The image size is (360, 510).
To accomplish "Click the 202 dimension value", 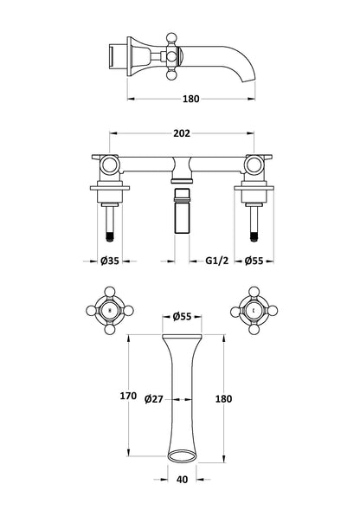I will (181, 133).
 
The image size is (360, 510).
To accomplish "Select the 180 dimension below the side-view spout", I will (190, 98).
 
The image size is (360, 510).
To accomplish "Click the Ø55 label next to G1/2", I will (254, 260).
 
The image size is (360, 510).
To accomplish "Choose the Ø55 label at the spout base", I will (183, 317).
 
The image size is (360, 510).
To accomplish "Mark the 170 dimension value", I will (128, 396).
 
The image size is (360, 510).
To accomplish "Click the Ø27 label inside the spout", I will (155, 398).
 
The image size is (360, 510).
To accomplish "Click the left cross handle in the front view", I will (108, 308).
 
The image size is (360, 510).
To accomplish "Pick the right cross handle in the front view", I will (253, 308).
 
